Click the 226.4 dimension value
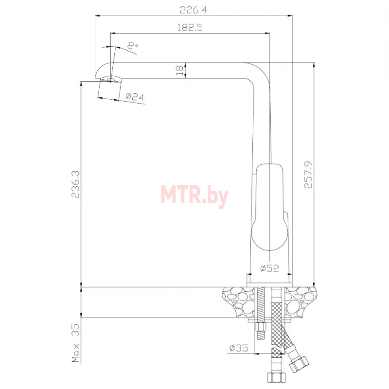point(193,10)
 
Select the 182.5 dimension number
point(190,27)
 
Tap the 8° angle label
point(132,45)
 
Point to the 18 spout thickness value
point(179,71)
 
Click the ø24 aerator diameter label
point(135,96)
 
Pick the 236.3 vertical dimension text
point(75,184)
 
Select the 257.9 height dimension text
point(308,175)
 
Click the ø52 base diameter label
point(269,268)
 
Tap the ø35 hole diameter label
point(239,348)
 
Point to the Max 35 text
point(75,343)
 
